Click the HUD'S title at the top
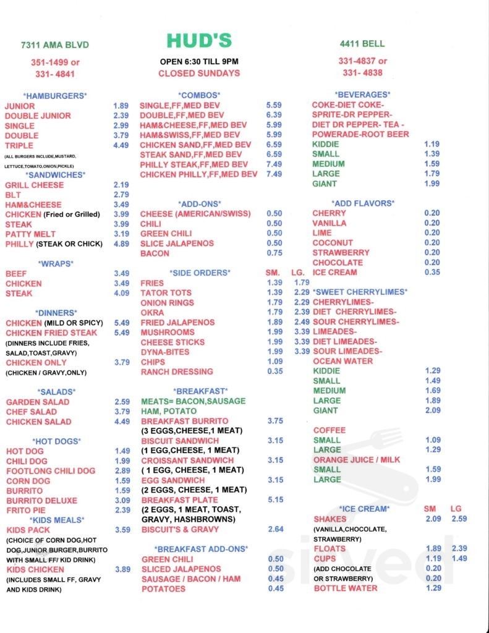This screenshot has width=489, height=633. click(x=198, y=41)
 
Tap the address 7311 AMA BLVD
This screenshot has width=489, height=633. click(x=54, y=45)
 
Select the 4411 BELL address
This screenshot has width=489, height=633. click(x=362, y=44)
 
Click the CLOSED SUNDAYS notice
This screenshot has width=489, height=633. click(x=198, y=73)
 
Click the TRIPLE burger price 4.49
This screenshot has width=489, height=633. click(x=121, y=145)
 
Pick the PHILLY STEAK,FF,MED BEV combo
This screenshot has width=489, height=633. click(x=193, y=164)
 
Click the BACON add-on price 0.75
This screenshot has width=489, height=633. click(x=274, y=253)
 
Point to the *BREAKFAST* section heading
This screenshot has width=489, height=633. click(x=201, y=391)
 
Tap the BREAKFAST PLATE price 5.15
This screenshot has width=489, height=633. click(x=275, y=499)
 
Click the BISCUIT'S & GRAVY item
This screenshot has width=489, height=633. click(x=179, y=529)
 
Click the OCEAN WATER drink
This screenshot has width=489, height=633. click(x=343, y=361)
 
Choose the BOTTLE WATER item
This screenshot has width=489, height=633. click(x=346, y=588)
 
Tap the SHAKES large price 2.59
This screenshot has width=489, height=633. click(x=459, y=519)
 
